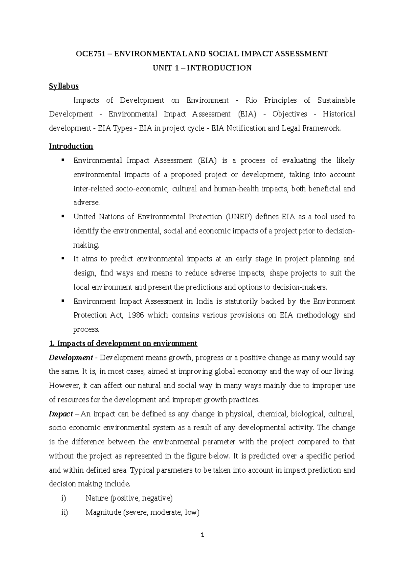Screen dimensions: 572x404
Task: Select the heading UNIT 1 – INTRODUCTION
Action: [202, 68]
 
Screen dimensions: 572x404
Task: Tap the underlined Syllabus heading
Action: [64, 86]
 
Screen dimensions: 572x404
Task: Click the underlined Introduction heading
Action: [71, 146]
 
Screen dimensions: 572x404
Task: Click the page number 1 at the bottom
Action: [202, 535]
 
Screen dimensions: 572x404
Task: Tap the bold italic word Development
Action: [70, 357]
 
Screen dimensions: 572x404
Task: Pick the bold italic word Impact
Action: [61, 414]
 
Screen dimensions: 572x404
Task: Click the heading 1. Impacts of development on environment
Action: [123, 344]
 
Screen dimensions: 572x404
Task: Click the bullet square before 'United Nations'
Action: [63, 216]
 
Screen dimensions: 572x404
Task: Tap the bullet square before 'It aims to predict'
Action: [63, 258]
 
